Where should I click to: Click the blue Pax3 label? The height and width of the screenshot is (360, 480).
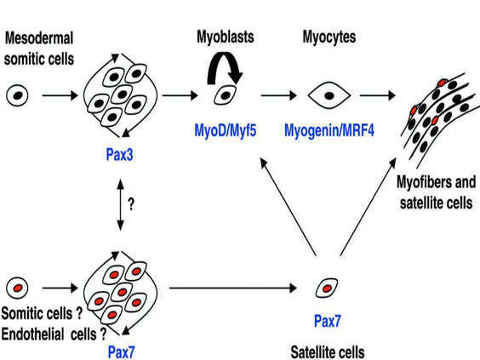coord(119,155)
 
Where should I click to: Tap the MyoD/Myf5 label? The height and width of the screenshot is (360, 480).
coord(226,131)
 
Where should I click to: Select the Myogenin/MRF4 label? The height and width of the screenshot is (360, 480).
coord(329,130)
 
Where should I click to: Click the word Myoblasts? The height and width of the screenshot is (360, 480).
coord(226,37)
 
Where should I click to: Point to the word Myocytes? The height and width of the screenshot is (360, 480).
coord(329,37)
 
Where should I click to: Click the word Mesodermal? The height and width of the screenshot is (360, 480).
coord(39,38)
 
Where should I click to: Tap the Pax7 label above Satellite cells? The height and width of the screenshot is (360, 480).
coord(328,321)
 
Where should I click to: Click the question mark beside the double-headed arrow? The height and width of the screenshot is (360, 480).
coord(131,204)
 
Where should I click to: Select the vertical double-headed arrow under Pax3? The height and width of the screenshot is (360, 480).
coord(120,205)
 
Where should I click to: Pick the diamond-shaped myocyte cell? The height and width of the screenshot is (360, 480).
coord(329,95)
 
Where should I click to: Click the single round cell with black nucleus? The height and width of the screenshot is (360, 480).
coord(18,95)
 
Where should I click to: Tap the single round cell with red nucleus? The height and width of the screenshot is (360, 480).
coord(18,288)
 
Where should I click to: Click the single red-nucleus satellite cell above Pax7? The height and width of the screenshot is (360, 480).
coord(327,288)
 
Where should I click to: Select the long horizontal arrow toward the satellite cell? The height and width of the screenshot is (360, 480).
coord(233,288)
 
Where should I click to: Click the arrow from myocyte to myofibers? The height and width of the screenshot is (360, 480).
coord(378,95)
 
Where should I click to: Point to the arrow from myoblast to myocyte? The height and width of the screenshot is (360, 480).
coord(279,95)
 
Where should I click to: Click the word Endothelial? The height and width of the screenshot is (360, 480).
coord(32,334)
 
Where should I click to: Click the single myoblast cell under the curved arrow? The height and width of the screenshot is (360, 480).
coord(226,95)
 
